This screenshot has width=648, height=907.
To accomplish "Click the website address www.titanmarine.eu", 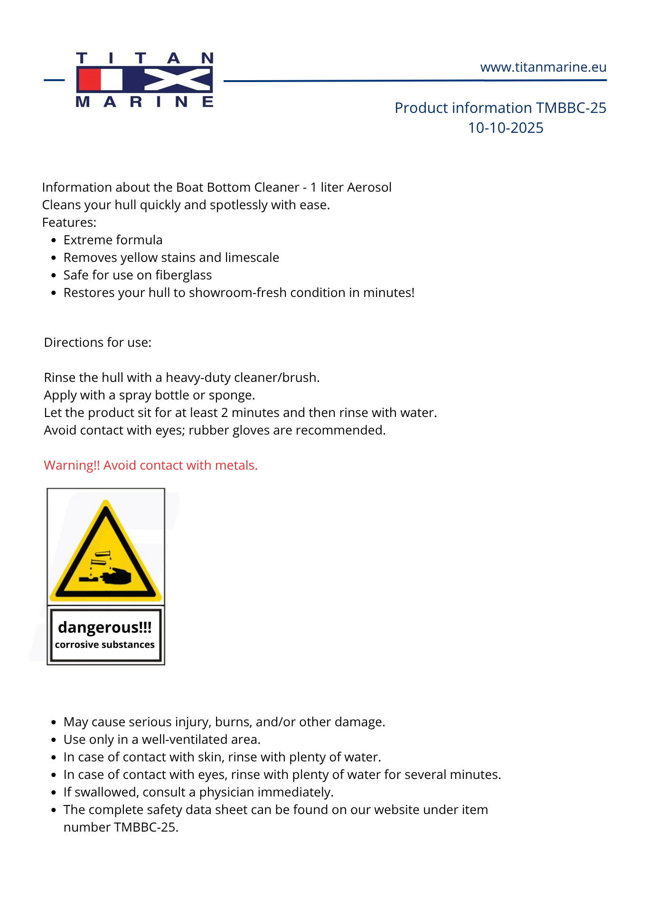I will coord(543,67).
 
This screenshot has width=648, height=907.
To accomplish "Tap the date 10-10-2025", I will coord(506,128).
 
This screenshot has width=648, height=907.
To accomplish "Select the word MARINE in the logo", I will coord(144,102).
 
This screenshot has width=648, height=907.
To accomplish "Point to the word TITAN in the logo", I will coord(144,58).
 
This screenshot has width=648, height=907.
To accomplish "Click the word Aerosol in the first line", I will coord(369,187).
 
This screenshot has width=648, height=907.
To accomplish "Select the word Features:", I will coord(69,222).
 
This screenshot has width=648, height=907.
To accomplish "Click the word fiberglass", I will coord(184,275).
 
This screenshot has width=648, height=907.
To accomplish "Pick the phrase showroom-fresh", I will coord(238,293).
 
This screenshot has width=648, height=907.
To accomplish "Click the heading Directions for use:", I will coord(98,342).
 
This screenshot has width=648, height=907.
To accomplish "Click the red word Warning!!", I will coord(72,465).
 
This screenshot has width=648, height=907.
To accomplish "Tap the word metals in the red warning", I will coord(236,465).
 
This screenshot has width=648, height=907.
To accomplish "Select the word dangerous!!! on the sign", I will coord(105,628).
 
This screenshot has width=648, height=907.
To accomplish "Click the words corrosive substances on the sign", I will coord(105,645).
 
